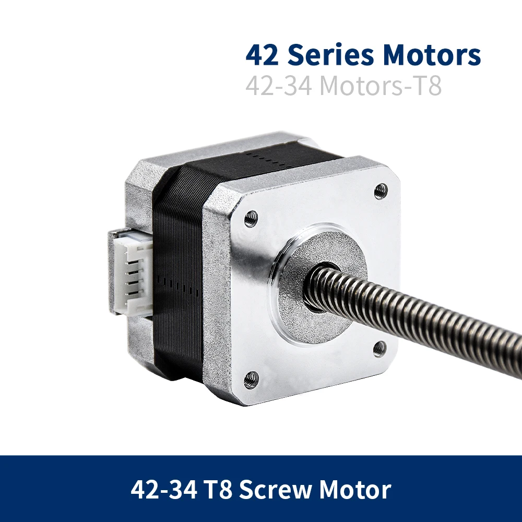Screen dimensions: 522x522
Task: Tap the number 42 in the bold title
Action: click(262, 55)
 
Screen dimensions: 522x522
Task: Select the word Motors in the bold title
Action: click(432, 55)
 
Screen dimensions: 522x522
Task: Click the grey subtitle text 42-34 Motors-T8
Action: click(343, 86)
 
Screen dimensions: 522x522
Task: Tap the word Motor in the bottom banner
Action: click(355, 490)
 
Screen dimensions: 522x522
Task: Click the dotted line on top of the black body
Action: click(266, 155)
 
